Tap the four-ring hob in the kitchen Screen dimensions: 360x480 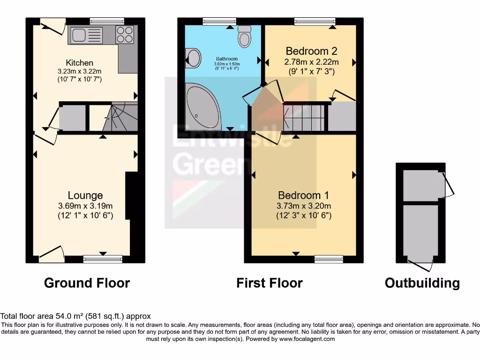click(124, 35)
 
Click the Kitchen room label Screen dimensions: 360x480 click(79, 63)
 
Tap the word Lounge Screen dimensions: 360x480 click(85, 195)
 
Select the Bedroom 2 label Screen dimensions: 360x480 click(311, 51)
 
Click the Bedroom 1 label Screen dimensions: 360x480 click(303, 195)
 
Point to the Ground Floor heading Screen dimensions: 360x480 click(87, 283)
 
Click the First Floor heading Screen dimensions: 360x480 click(269, 283)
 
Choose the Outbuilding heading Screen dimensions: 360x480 click(422, 283)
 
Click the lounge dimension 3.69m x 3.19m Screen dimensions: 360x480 click(85, 206)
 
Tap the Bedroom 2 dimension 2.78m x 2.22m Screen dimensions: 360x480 click(311, 62)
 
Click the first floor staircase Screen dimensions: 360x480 click(304, 117)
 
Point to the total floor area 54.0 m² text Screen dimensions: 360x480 click(75, 316)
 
